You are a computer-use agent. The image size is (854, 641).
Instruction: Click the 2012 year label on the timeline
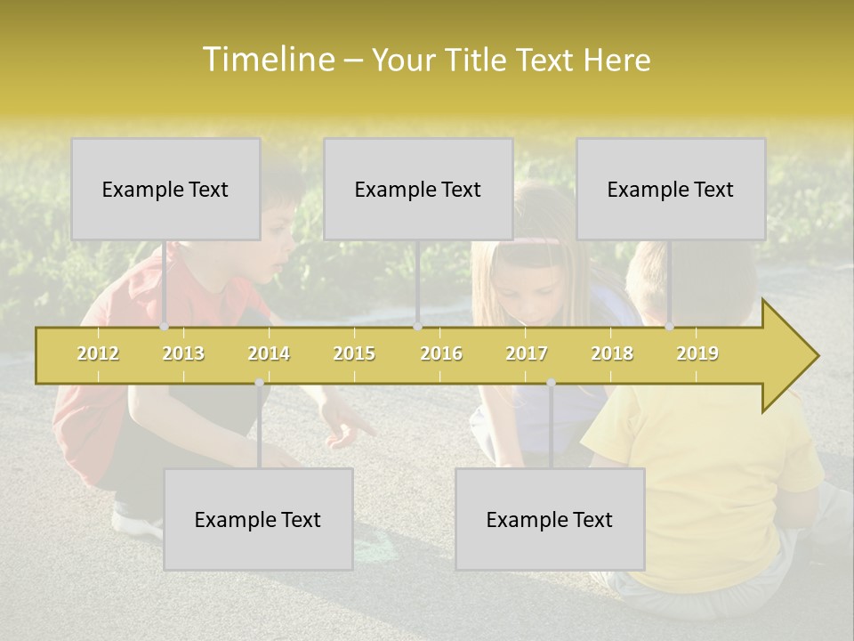98,353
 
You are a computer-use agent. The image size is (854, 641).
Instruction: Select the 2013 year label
183,353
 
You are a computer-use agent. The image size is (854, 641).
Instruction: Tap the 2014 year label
269,353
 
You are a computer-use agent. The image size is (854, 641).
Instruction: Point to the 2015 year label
354,353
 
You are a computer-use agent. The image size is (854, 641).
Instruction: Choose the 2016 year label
441,353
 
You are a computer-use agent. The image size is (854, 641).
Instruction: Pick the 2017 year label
527,353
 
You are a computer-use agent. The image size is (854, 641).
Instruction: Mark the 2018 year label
612,353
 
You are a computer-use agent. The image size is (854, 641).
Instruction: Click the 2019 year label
697,353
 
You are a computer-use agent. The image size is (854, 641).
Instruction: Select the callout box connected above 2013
165,189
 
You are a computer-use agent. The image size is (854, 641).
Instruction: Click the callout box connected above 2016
418,189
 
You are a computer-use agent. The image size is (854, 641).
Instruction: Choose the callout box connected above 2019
671,189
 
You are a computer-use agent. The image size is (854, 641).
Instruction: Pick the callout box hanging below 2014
258,519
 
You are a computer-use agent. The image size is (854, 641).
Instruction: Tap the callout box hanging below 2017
550,519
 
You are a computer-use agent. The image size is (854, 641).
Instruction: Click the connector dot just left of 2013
164,327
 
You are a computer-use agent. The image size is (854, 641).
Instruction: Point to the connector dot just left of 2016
417,327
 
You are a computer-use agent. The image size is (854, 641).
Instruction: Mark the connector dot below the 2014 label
259,383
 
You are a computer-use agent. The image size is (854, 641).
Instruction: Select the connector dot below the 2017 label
551,383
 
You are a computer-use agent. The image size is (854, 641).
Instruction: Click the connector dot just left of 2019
669,327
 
